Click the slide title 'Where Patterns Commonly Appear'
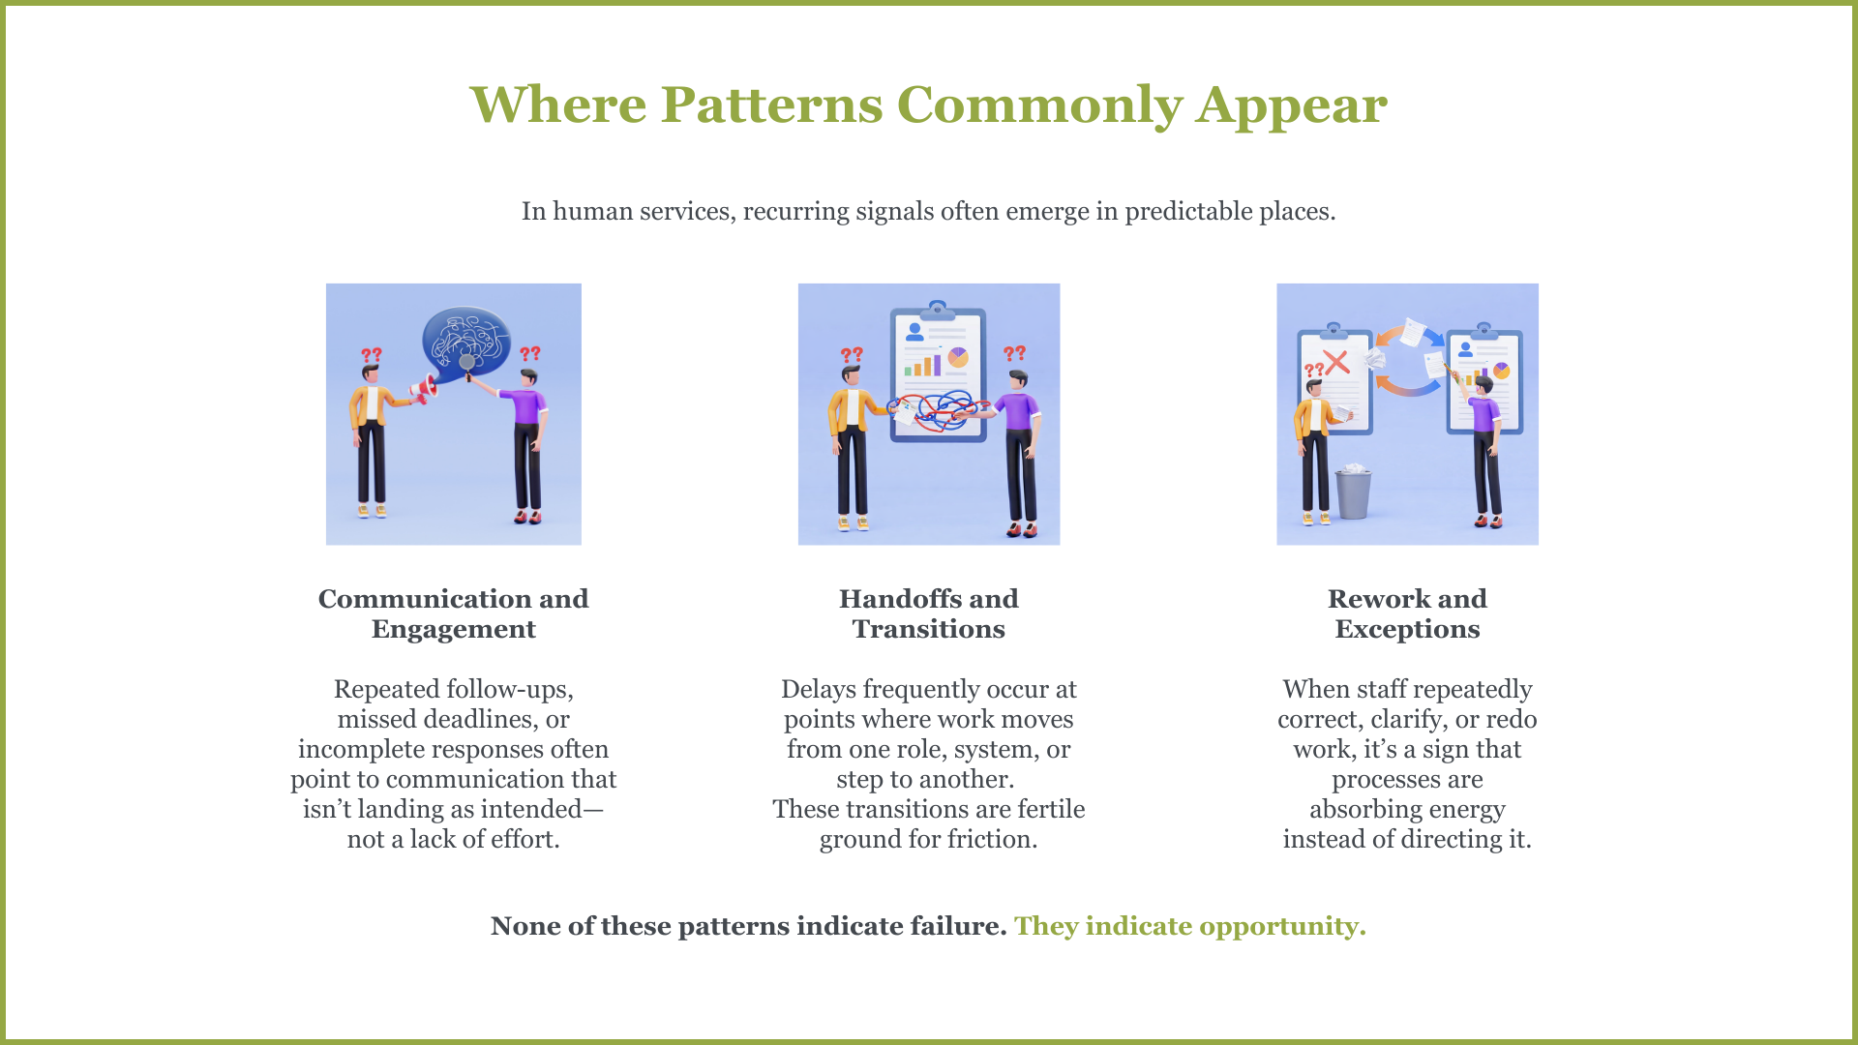(x=928, y=104)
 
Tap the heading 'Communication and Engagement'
(x=453, y=613)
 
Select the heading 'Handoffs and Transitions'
(x=928, y=613)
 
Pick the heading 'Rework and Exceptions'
(x=1407, y=613)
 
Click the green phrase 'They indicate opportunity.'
(x=1189, y=926)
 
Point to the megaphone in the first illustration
(x=424, y=389)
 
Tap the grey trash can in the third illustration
(x=1353, y=493)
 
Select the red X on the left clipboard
(x=1336, y=363)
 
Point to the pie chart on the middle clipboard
(x=958, y=358)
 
